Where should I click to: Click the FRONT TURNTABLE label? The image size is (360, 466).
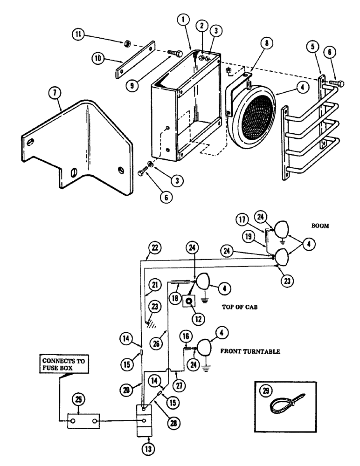coord(250,352)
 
